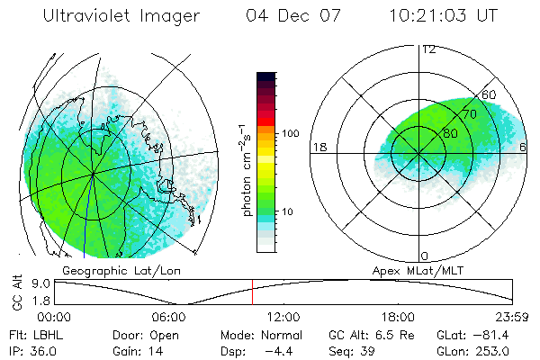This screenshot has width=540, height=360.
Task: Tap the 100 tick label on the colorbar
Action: (x=291, y=133)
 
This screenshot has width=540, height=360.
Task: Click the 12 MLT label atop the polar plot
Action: (x=428, y=49)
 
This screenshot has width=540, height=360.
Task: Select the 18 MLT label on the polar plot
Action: (x=319, y=148)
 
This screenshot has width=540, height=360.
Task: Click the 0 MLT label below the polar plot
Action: (x=425, y=256)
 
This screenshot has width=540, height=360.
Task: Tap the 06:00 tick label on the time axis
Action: (x=169, y=317)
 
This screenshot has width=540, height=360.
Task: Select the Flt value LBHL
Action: (x=50, y=334)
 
